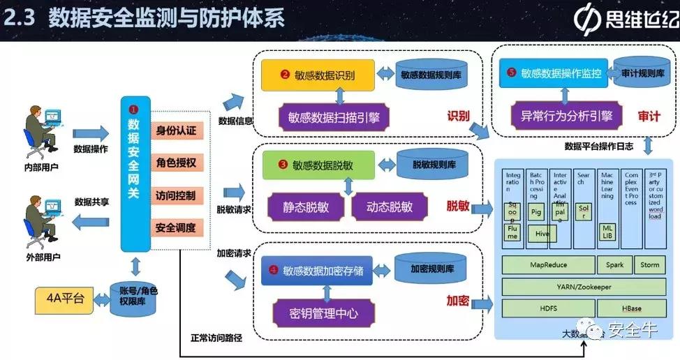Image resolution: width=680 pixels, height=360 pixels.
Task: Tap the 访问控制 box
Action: point(177,195)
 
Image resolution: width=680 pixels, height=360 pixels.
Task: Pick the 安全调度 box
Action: point(177,227)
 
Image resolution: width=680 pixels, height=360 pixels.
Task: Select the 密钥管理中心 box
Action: point(323,313)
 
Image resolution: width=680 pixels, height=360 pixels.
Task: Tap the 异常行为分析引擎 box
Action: point(566,116)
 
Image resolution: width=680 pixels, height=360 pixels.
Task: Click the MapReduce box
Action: point(547,265)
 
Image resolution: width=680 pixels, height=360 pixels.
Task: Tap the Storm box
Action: point(649,265)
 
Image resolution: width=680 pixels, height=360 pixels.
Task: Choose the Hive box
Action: point(542,234)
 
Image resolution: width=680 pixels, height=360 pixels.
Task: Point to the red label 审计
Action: point(649,117)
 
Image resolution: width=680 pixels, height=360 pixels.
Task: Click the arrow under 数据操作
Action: point(91,133)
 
